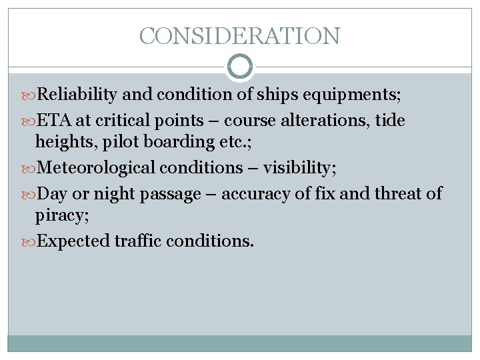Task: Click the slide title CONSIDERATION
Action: click(x=240, y=35)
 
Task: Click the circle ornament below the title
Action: click(x=240, y=67)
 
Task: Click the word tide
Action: click(x=390, y=121)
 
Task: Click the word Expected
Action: click(x=74, y=241)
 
